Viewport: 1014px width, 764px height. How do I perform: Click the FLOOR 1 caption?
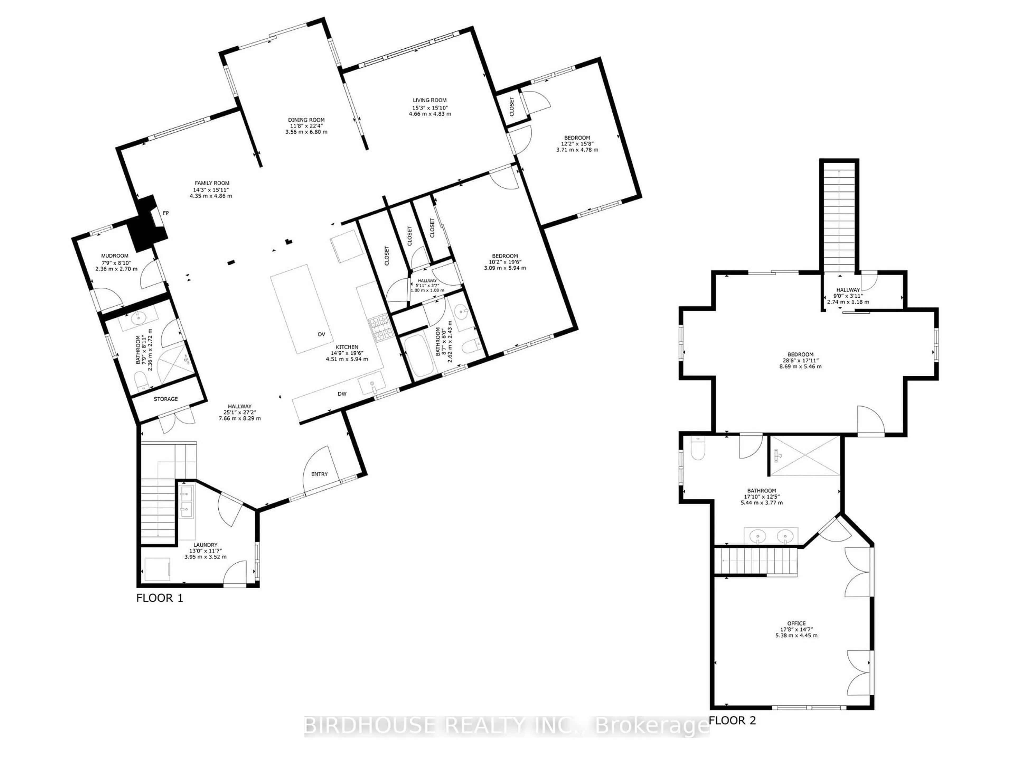point(159,598)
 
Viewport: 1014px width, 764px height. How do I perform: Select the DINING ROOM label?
point(306,120)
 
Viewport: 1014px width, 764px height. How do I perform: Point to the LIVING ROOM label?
point(430,100)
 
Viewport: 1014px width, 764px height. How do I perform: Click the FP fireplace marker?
point(166,213)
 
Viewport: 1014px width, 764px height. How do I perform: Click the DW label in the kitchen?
point(342,394)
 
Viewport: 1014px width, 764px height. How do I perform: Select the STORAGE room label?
point(166,399)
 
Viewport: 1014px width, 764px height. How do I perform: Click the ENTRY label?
point(320,474)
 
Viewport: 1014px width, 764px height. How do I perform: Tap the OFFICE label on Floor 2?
point(796,623)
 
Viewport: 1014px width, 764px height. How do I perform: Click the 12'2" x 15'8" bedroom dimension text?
point(577,144)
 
